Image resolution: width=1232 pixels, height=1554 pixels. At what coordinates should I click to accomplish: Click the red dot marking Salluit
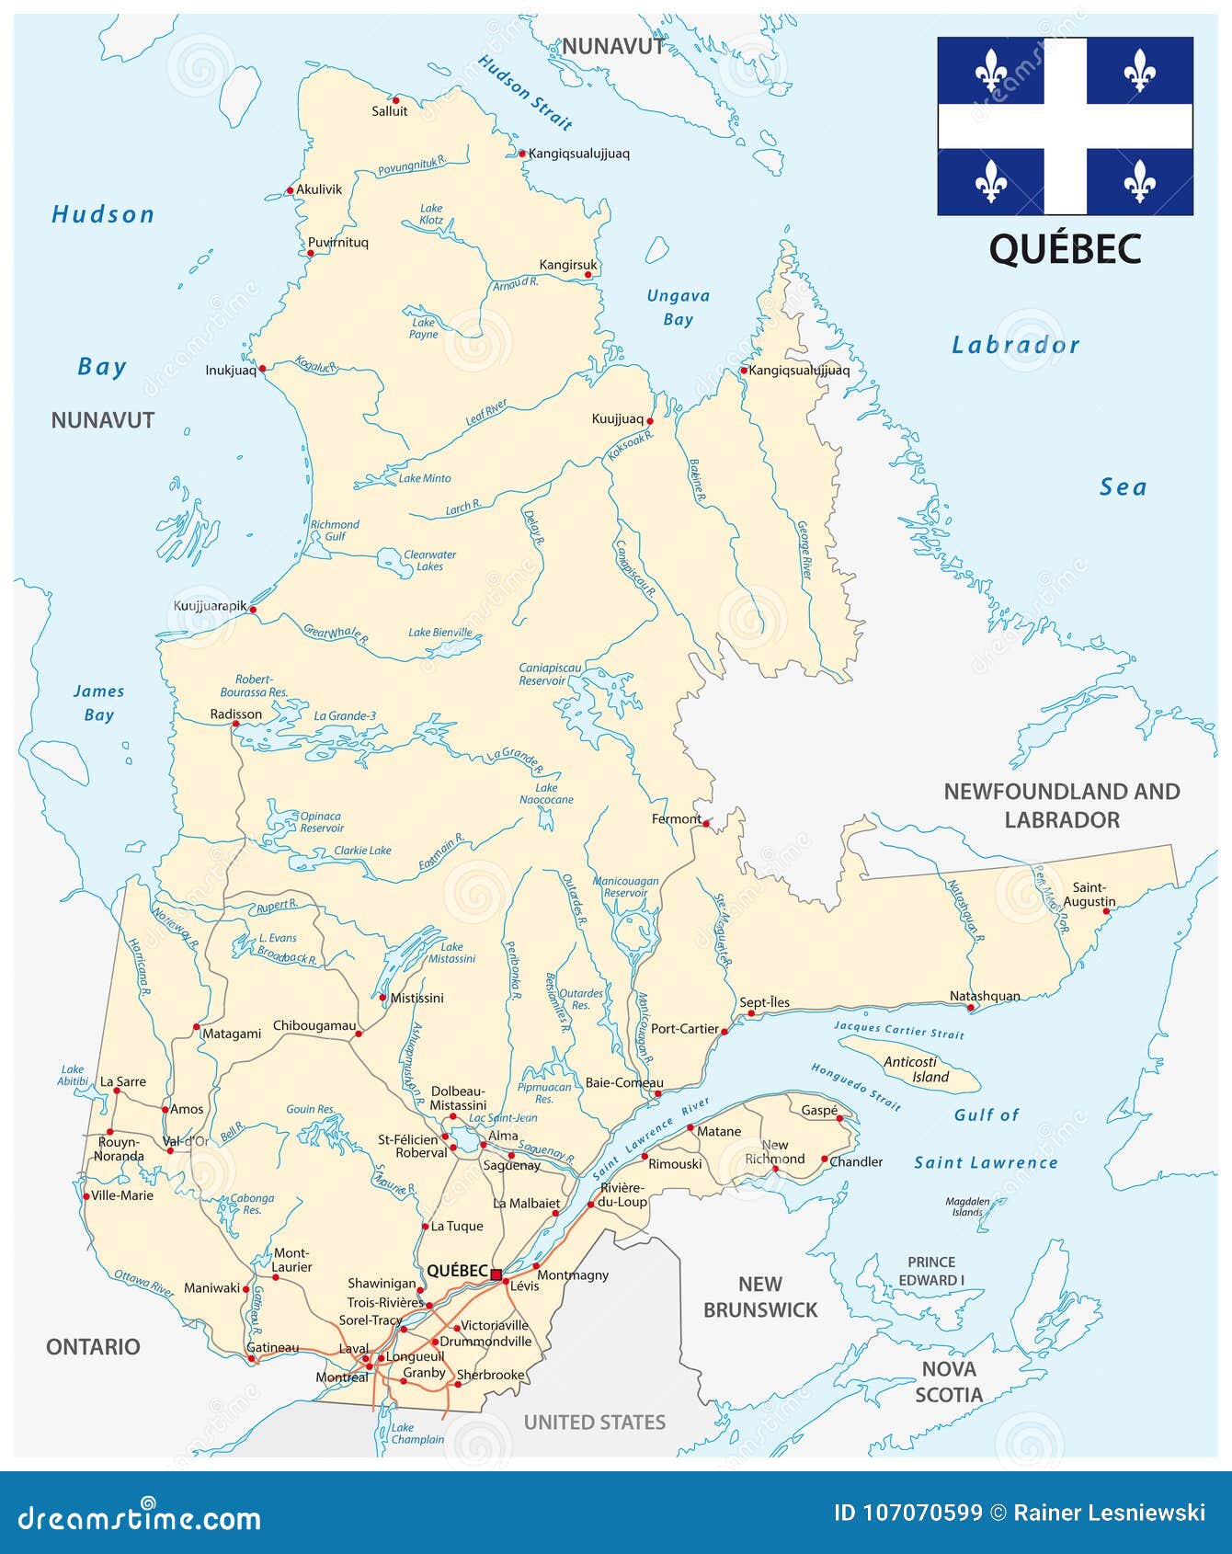[x=395, y=99]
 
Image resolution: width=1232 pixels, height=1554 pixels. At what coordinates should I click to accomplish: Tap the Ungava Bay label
[x=678, y=308]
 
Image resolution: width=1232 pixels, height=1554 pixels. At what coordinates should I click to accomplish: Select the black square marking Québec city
[x=496, y=1274]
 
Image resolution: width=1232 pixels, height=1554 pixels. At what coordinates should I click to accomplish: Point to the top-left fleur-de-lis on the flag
[x=990, y=71]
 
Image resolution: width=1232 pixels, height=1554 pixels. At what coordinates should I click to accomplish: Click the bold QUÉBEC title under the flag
[x=1065, y=249]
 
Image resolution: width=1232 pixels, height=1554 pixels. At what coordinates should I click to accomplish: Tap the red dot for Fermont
[x=706, y=823]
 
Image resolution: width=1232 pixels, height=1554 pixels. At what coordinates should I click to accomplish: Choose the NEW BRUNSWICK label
[x=759, y=1297]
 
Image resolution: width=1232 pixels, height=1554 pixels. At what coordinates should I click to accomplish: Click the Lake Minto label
[x=424, y=478]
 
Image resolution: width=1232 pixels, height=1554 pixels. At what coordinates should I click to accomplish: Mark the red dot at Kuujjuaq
[x=650, y=421]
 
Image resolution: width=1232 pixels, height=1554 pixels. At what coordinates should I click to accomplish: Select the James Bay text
[x=98, y=703]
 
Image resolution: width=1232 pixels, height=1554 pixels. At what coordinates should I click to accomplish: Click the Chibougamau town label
[x=314, y=1025]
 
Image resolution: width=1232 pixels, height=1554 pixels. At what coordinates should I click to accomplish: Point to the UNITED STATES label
[x=594, y=1423]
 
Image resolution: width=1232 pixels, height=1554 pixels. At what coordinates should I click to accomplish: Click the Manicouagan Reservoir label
[x=625, y=886]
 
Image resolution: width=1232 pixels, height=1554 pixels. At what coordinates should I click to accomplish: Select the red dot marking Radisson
[x=235, y=725]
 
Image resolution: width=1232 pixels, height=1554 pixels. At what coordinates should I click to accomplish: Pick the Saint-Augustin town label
[x=1089, y=895]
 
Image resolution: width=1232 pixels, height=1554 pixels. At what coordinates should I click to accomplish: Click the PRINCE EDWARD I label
[x=930, y=1271]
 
